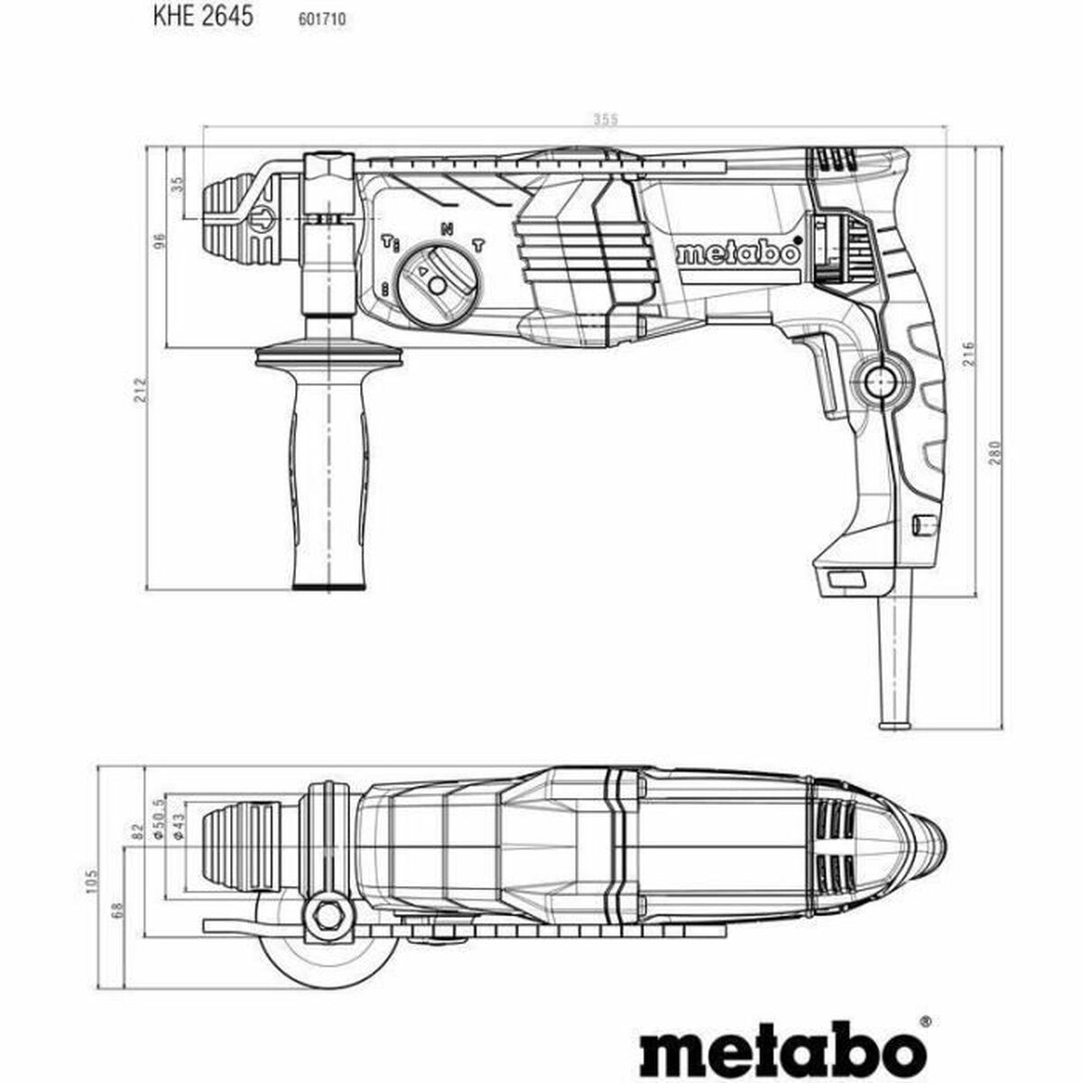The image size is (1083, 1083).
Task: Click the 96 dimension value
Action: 159,242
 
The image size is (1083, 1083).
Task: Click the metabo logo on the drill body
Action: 737,252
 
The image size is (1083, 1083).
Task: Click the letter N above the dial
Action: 446,229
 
